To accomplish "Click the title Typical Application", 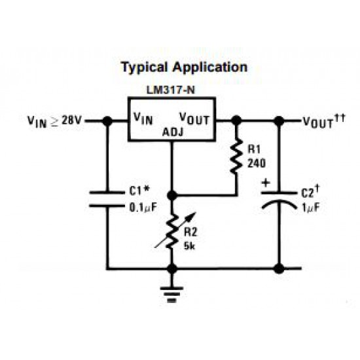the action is coord(185,67).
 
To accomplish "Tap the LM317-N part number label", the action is coord(171,90).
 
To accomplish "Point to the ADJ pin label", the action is coord(173,132).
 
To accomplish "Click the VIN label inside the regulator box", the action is coord(143,118).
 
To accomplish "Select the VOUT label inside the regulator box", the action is coord(194,118).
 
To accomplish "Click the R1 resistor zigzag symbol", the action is coord(236,156).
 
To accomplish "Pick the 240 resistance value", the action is coord(257,164).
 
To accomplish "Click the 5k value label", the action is coord(189,246).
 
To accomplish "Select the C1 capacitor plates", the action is coord(107,199).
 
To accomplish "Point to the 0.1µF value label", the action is coord(143,207).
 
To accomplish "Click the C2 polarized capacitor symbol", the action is coord(279,200).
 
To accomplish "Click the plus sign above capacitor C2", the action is coord(266,183).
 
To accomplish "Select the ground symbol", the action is coord(172,295).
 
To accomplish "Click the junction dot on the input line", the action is coord(107,121).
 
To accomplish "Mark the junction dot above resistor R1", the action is coord(236,120).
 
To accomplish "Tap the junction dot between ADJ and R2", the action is coord(172,196).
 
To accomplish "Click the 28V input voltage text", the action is coord(71,120).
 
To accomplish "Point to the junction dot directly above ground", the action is coord(172,268).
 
